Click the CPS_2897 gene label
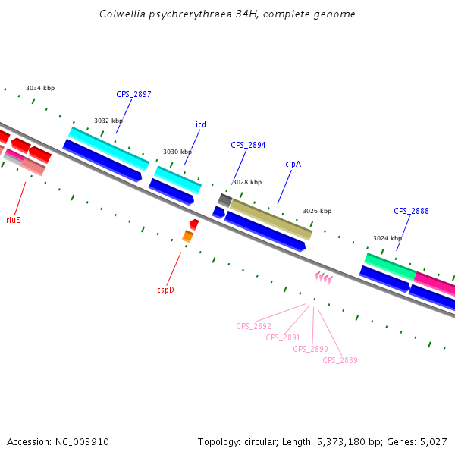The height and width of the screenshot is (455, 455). [133, 95]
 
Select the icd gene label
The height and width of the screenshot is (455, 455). [201, 124]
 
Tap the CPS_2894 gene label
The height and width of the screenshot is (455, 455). [248, 145]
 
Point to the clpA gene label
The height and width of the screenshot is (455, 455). [294, 164]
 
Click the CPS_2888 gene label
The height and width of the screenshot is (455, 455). [411, 211]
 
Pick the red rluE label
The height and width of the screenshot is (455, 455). [13, 220]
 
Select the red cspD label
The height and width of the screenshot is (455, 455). [165, 289]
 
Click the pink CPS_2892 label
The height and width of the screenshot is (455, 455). [253, 326]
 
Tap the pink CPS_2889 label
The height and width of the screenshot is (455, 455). [340, 360]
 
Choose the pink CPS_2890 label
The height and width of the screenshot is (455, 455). [310, 349]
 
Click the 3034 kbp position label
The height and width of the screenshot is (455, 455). [40, 88]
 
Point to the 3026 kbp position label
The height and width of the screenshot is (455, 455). [317, 211]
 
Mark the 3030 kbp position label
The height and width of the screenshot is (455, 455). [177, 152]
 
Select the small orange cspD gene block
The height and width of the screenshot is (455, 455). [187, 237]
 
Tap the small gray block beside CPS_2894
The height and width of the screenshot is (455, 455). [224, 199]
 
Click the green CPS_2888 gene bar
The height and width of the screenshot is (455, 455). [390, 265]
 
